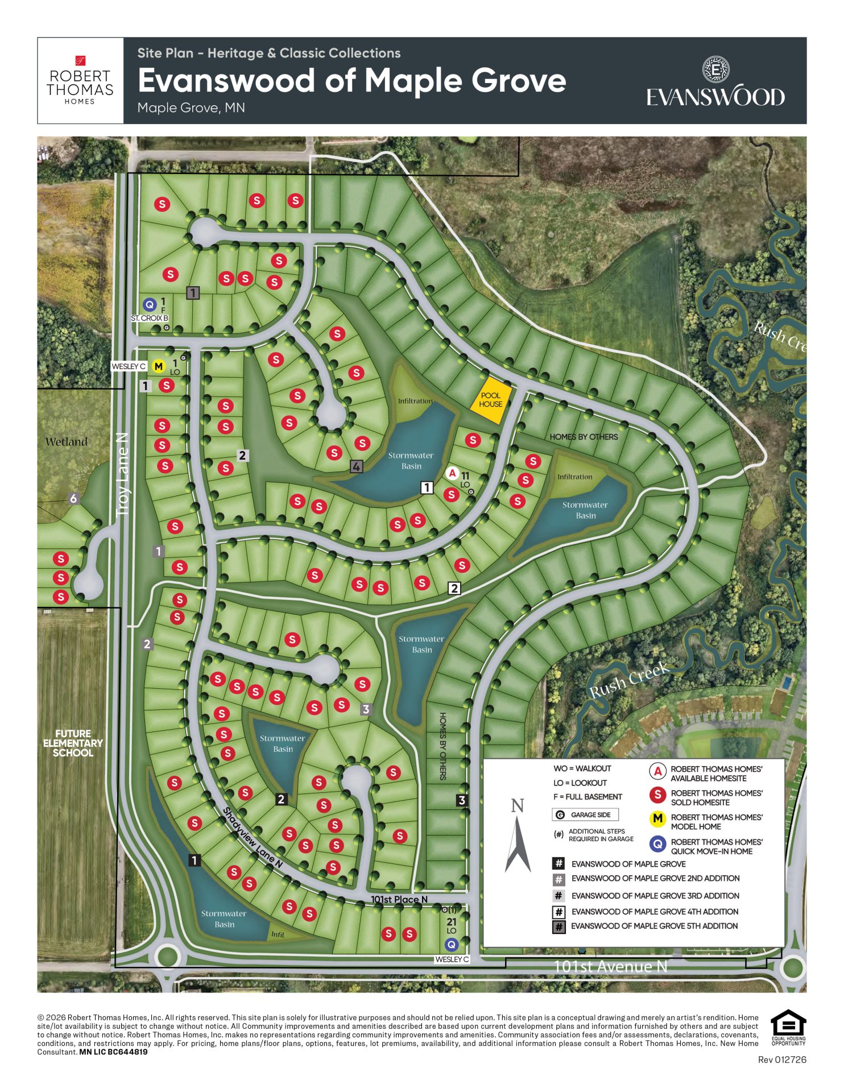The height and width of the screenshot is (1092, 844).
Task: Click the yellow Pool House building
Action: [x=490, y=400]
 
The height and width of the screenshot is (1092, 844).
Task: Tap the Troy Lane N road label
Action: [x=122, y=474]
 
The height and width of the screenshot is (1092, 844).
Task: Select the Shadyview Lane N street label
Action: [x=253, y=837]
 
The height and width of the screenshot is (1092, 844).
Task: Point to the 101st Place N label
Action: [x=399, y=899]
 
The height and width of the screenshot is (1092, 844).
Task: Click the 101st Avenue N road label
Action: [x=610, y=966]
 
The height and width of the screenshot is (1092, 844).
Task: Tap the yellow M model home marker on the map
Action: [x=159, y=366]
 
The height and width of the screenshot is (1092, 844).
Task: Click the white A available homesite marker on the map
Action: [x=452, y=473]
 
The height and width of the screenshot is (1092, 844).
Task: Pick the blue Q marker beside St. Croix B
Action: [x=149, y=305]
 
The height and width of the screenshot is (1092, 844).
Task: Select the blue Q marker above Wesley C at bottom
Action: [x=451, y=945]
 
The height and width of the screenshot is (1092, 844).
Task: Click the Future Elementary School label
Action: [x=73, y=743]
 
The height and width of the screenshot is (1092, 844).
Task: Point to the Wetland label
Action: [x=67, y=442]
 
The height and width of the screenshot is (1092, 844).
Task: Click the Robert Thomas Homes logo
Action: [x=80, y=81]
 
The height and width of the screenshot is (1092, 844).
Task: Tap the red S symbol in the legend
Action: [x=657, y=795]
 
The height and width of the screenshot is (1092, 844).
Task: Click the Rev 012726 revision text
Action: [x=782, y=1060]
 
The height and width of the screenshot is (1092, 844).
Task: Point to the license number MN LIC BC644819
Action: [x=113, y=1052]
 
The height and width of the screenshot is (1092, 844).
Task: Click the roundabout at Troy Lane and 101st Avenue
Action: [x=168, y=955]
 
